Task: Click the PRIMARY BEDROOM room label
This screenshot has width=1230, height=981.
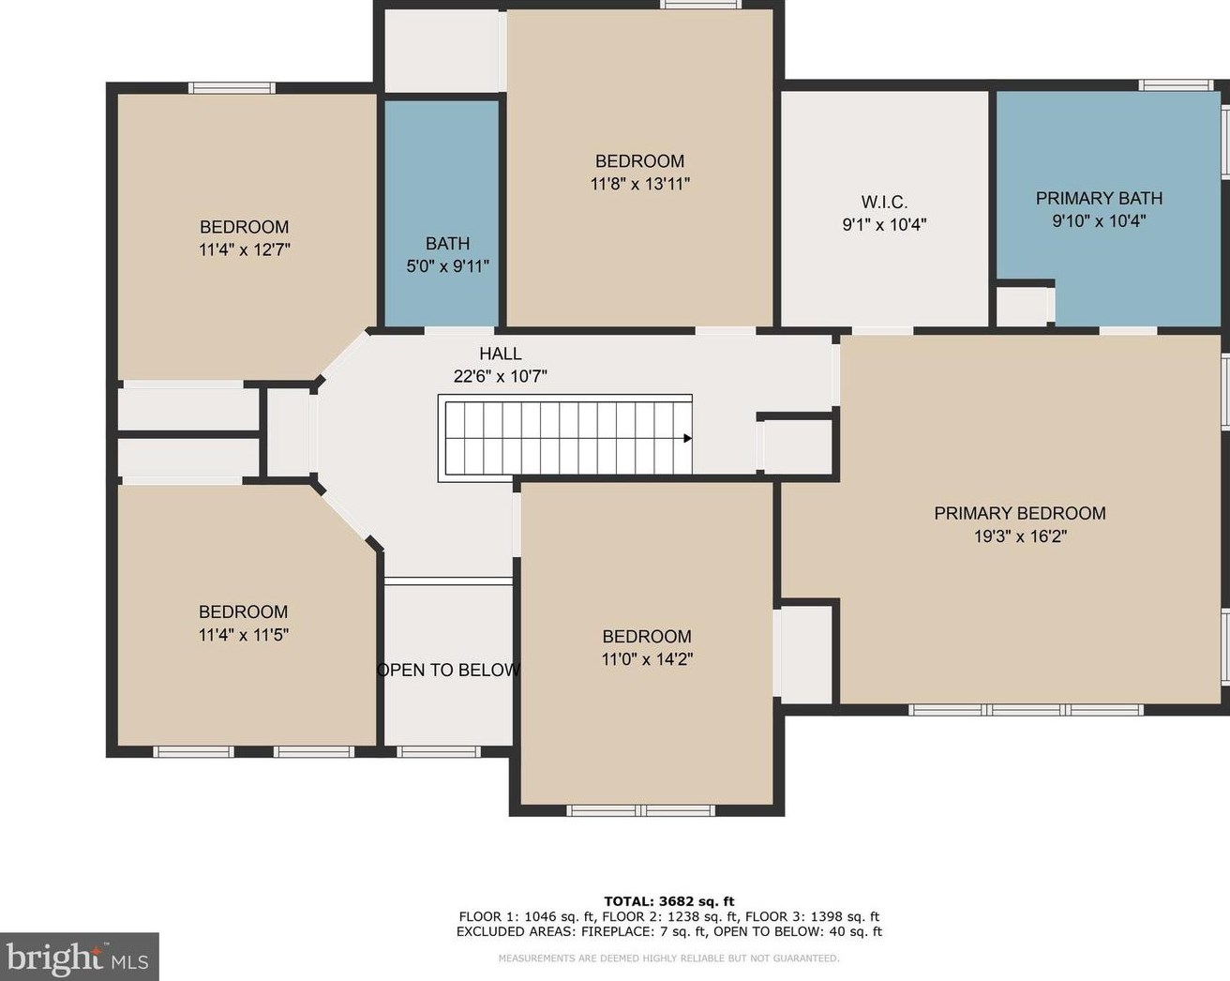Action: click(x=1020, y=513)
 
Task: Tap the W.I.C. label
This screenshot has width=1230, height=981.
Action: click(x=884, y=202)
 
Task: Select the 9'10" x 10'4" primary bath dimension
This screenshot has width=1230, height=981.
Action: click(x=1099, y=220)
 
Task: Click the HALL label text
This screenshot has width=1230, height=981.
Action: click(x=500, y=354)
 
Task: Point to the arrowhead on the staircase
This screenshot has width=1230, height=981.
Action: click(x=687, y=438)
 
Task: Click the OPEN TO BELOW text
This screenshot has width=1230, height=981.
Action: click(x=449, y=670)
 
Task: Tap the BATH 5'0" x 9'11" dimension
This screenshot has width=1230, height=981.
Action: click(x=447, y=266)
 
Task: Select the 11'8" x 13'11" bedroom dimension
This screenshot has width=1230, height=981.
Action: click(x=639, y=184)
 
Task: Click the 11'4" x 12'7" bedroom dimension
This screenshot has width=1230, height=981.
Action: click(x=244, y=250)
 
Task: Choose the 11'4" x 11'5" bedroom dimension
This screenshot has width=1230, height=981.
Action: click(x=244, y=635)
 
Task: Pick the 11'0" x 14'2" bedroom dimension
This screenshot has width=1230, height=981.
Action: click(x=647, y=659)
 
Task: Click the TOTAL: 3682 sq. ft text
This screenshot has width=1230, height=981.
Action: click(x=669, y=901)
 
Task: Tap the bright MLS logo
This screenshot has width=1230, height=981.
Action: click(x=79, y=956)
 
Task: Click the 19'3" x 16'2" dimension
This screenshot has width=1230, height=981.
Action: click(x=1020, y=536)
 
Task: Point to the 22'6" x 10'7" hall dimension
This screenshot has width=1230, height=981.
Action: click(x=500, y=377)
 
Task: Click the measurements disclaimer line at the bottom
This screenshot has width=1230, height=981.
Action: click(x=668, y=958)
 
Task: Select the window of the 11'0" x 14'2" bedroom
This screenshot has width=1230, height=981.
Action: click(x=640, y=810)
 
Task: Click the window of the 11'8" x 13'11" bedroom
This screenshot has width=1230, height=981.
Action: click(x=701, y=5)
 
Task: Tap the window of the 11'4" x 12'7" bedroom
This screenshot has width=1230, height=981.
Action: click(x=232, y=88)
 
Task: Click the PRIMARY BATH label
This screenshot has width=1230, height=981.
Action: click(x=1099, y=199)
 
